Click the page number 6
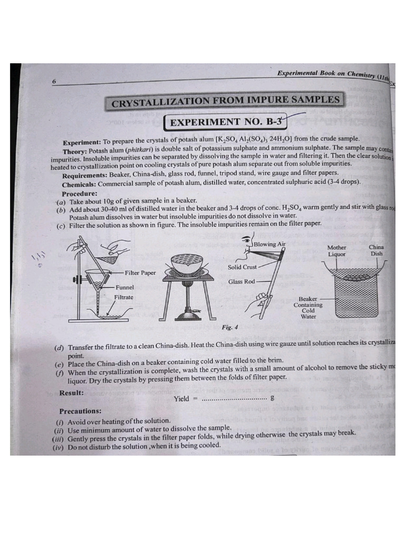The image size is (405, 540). coord(54,82)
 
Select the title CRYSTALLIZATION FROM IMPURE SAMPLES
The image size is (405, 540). coord(225,101)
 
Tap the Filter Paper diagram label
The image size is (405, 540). coord(140,273)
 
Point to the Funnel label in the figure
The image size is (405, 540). coord(125,287)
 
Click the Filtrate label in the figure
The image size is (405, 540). coord(124,297)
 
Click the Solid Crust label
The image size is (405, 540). coord(242,267)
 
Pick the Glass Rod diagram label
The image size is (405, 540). coord(242,282)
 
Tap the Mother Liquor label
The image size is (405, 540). coord(337,250)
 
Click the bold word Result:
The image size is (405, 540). coord(72,392)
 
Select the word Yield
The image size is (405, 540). coord(181,399)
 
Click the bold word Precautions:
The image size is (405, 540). coord(81,411)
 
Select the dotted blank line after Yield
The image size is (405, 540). coord(235,400)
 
